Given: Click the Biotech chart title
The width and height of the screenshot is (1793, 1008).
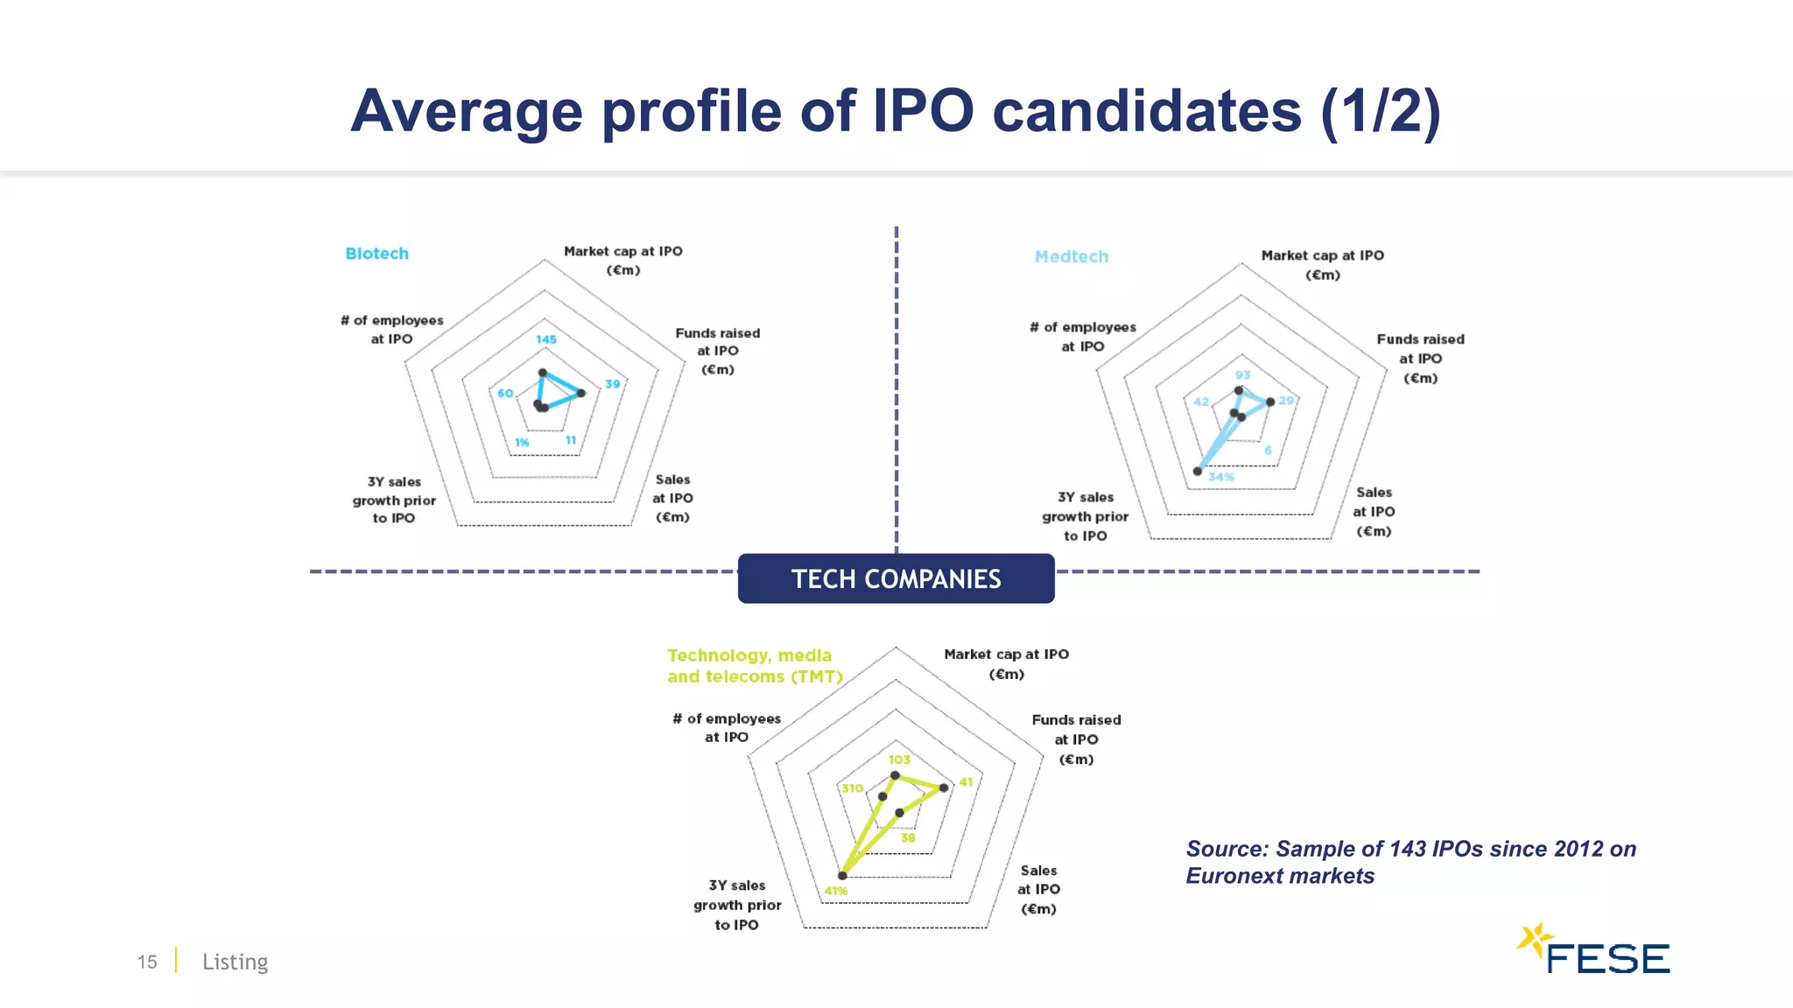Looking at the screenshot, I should tap(376, 254).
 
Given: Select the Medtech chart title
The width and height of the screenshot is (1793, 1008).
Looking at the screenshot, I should tap(1071, 257).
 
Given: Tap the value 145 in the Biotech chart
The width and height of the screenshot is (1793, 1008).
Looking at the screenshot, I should tap(546, 339).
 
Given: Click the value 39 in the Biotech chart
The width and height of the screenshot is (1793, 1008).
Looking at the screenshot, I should tap(613, 384).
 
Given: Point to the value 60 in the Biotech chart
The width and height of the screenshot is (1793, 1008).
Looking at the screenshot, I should tap(505, 394).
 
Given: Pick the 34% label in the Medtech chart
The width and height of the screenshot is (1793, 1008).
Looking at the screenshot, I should tap(1221, 478).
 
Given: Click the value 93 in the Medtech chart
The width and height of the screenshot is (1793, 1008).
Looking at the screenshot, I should tap(1243, 375).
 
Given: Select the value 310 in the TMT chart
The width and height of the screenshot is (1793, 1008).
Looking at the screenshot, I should tap(853, 788).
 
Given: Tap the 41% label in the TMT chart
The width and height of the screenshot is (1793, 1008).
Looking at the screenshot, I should tap(835, 892).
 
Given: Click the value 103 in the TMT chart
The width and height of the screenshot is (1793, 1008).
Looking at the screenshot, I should tap(900, 760).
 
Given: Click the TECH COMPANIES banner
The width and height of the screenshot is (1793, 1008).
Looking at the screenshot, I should tap(896, 579).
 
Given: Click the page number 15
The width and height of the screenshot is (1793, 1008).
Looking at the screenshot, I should tap(147, 962).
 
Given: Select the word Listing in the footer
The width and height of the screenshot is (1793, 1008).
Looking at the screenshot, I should tap(235, 962).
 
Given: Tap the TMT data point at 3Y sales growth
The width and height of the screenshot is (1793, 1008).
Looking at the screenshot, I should tap(842, 875).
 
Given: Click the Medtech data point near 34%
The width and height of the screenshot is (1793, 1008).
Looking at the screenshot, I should tap(1198, 472).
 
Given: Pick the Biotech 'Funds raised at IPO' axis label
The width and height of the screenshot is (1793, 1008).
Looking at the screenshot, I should tap(718, 351).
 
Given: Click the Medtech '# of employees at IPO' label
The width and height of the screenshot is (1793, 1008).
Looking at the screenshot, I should tap(1083, 337).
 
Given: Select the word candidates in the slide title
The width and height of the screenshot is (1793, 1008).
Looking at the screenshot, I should tap(1147, 111).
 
